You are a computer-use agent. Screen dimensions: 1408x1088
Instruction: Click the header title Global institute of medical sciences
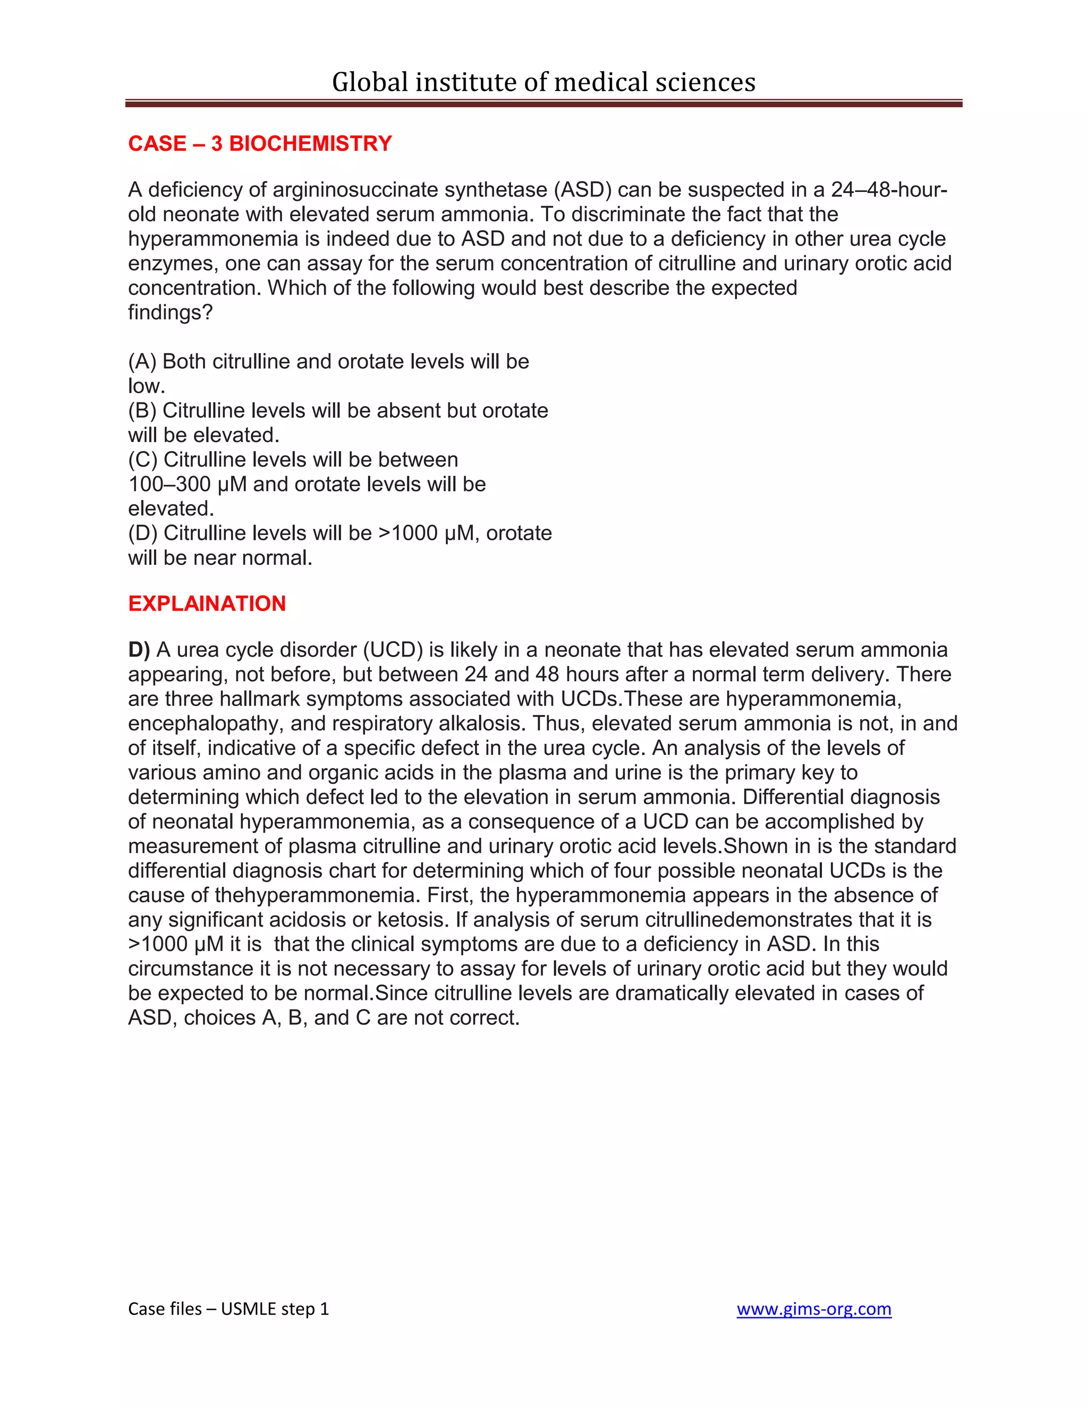(543, 82)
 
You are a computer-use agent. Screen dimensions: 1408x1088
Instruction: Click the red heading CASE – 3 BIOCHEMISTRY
(260, 143)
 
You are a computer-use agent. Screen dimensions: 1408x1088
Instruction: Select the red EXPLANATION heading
(207, 604)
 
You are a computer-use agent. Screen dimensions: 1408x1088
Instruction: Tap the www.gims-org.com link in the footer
(813, 1309)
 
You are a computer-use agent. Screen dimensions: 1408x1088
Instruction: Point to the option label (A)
(142, 362)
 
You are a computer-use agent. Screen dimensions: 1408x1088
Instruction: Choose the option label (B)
(142, 411)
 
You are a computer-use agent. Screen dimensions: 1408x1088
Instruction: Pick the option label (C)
(143, 460)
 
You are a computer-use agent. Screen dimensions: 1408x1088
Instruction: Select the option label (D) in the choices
(143, 533)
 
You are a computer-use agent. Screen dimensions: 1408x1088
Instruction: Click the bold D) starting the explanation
(139, 650)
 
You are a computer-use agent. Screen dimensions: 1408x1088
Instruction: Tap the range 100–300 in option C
(169, 484)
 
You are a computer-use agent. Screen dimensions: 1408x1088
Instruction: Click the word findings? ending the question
(170, 312)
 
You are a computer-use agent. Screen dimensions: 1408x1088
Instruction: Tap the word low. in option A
(146, 386)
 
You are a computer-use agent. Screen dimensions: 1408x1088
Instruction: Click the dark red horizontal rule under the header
(543, 103)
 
